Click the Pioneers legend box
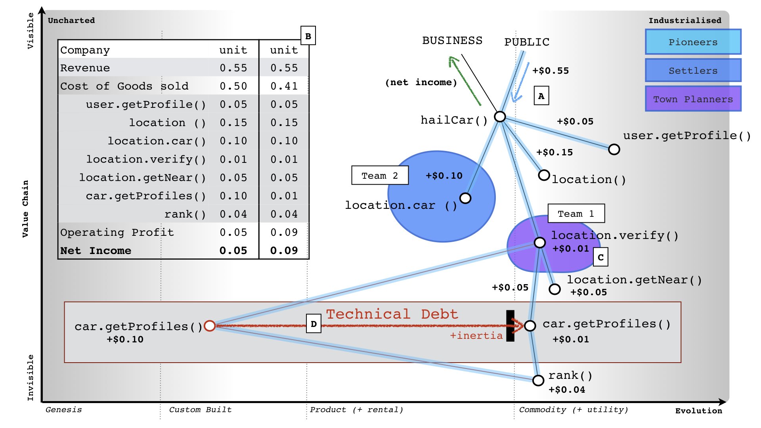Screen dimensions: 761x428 point(693,42)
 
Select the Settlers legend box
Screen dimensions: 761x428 point(693,70)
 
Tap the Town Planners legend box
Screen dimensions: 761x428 point(693,99)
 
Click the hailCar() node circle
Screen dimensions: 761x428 point(500,117)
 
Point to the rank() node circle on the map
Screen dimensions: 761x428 point(538,380)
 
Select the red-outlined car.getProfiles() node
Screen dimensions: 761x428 point(210,326)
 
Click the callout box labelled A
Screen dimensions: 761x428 point(541,96)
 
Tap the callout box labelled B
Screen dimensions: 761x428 point(308,36)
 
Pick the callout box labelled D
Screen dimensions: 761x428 point(314,324)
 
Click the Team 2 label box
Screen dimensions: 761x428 point(380,175)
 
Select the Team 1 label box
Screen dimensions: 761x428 point(576,214)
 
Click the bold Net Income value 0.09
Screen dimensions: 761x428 point(284,250)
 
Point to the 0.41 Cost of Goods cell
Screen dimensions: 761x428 point(284,86)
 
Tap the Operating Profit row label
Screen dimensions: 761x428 point(117,232)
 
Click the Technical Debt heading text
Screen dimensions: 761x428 point(392,314)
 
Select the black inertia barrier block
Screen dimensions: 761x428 point(511,326)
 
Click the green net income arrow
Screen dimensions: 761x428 point(465,81)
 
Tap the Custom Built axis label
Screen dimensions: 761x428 point(200,410)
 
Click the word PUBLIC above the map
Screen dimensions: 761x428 point(527,42)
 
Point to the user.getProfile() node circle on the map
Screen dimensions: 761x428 point(614,149)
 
